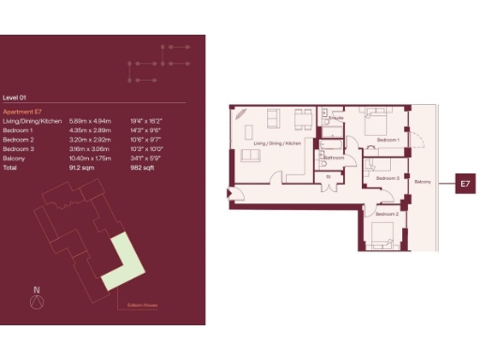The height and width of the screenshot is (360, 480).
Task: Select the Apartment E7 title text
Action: (23, 112)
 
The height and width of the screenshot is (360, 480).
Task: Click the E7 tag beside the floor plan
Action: (464, 185)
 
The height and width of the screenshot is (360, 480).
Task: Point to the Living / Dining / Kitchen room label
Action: (277, 142)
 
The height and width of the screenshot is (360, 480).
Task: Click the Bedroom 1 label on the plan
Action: (388, 140)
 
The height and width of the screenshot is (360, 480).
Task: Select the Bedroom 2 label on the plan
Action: (386, 214)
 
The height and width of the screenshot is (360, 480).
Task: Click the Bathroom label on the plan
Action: (333, 158)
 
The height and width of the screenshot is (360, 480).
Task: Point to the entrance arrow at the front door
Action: (231, 195)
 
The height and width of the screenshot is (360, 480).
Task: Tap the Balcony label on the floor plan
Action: (423, 181)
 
